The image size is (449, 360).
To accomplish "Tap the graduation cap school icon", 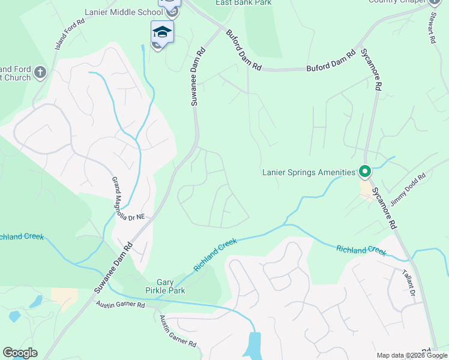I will pyautogui.click(x=162, y=31).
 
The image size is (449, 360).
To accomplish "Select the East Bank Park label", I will pyautogui.click(x=244, y=3).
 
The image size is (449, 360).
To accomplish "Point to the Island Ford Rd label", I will pyautogui.click(x=68, y=38).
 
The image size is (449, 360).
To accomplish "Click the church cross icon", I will pyautogui.click(x=40, y=73).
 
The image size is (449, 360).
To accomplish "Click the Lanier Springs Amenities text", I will pyautogui.click(x=309, y=173).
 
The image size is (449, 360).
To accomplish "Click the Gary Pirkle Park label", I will pyautogui.click(x=170, y=286).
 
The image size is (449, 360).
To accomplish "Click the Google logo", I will pyautogui.click(x=20, y=352).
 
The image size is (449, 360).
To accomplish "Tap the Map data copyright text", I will pyautogui.click(x=412, y=355).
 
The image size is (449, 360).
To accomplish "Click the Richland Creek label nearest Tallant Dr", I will pyautogui.click(x=361, y=250).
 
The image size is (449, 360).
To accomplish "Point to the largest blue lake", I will pyautogui.click(x=254, y=345).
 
